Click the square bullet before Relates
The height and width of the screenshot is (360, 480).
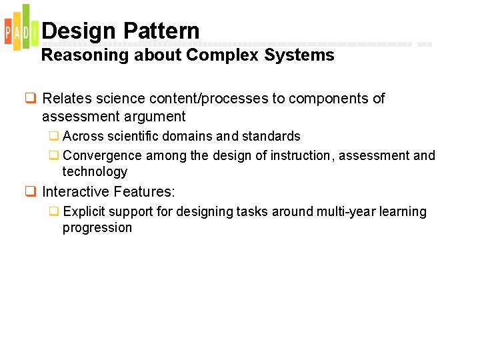point(31,99)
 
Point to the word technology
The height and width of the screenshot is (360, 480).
point(95,172)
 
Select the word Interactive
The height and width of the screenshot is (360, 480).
point(76,192)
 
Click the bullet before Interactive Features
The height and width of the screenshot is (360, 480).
point(31,192)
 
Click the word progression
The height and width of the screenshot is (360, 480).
point(97,228)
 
